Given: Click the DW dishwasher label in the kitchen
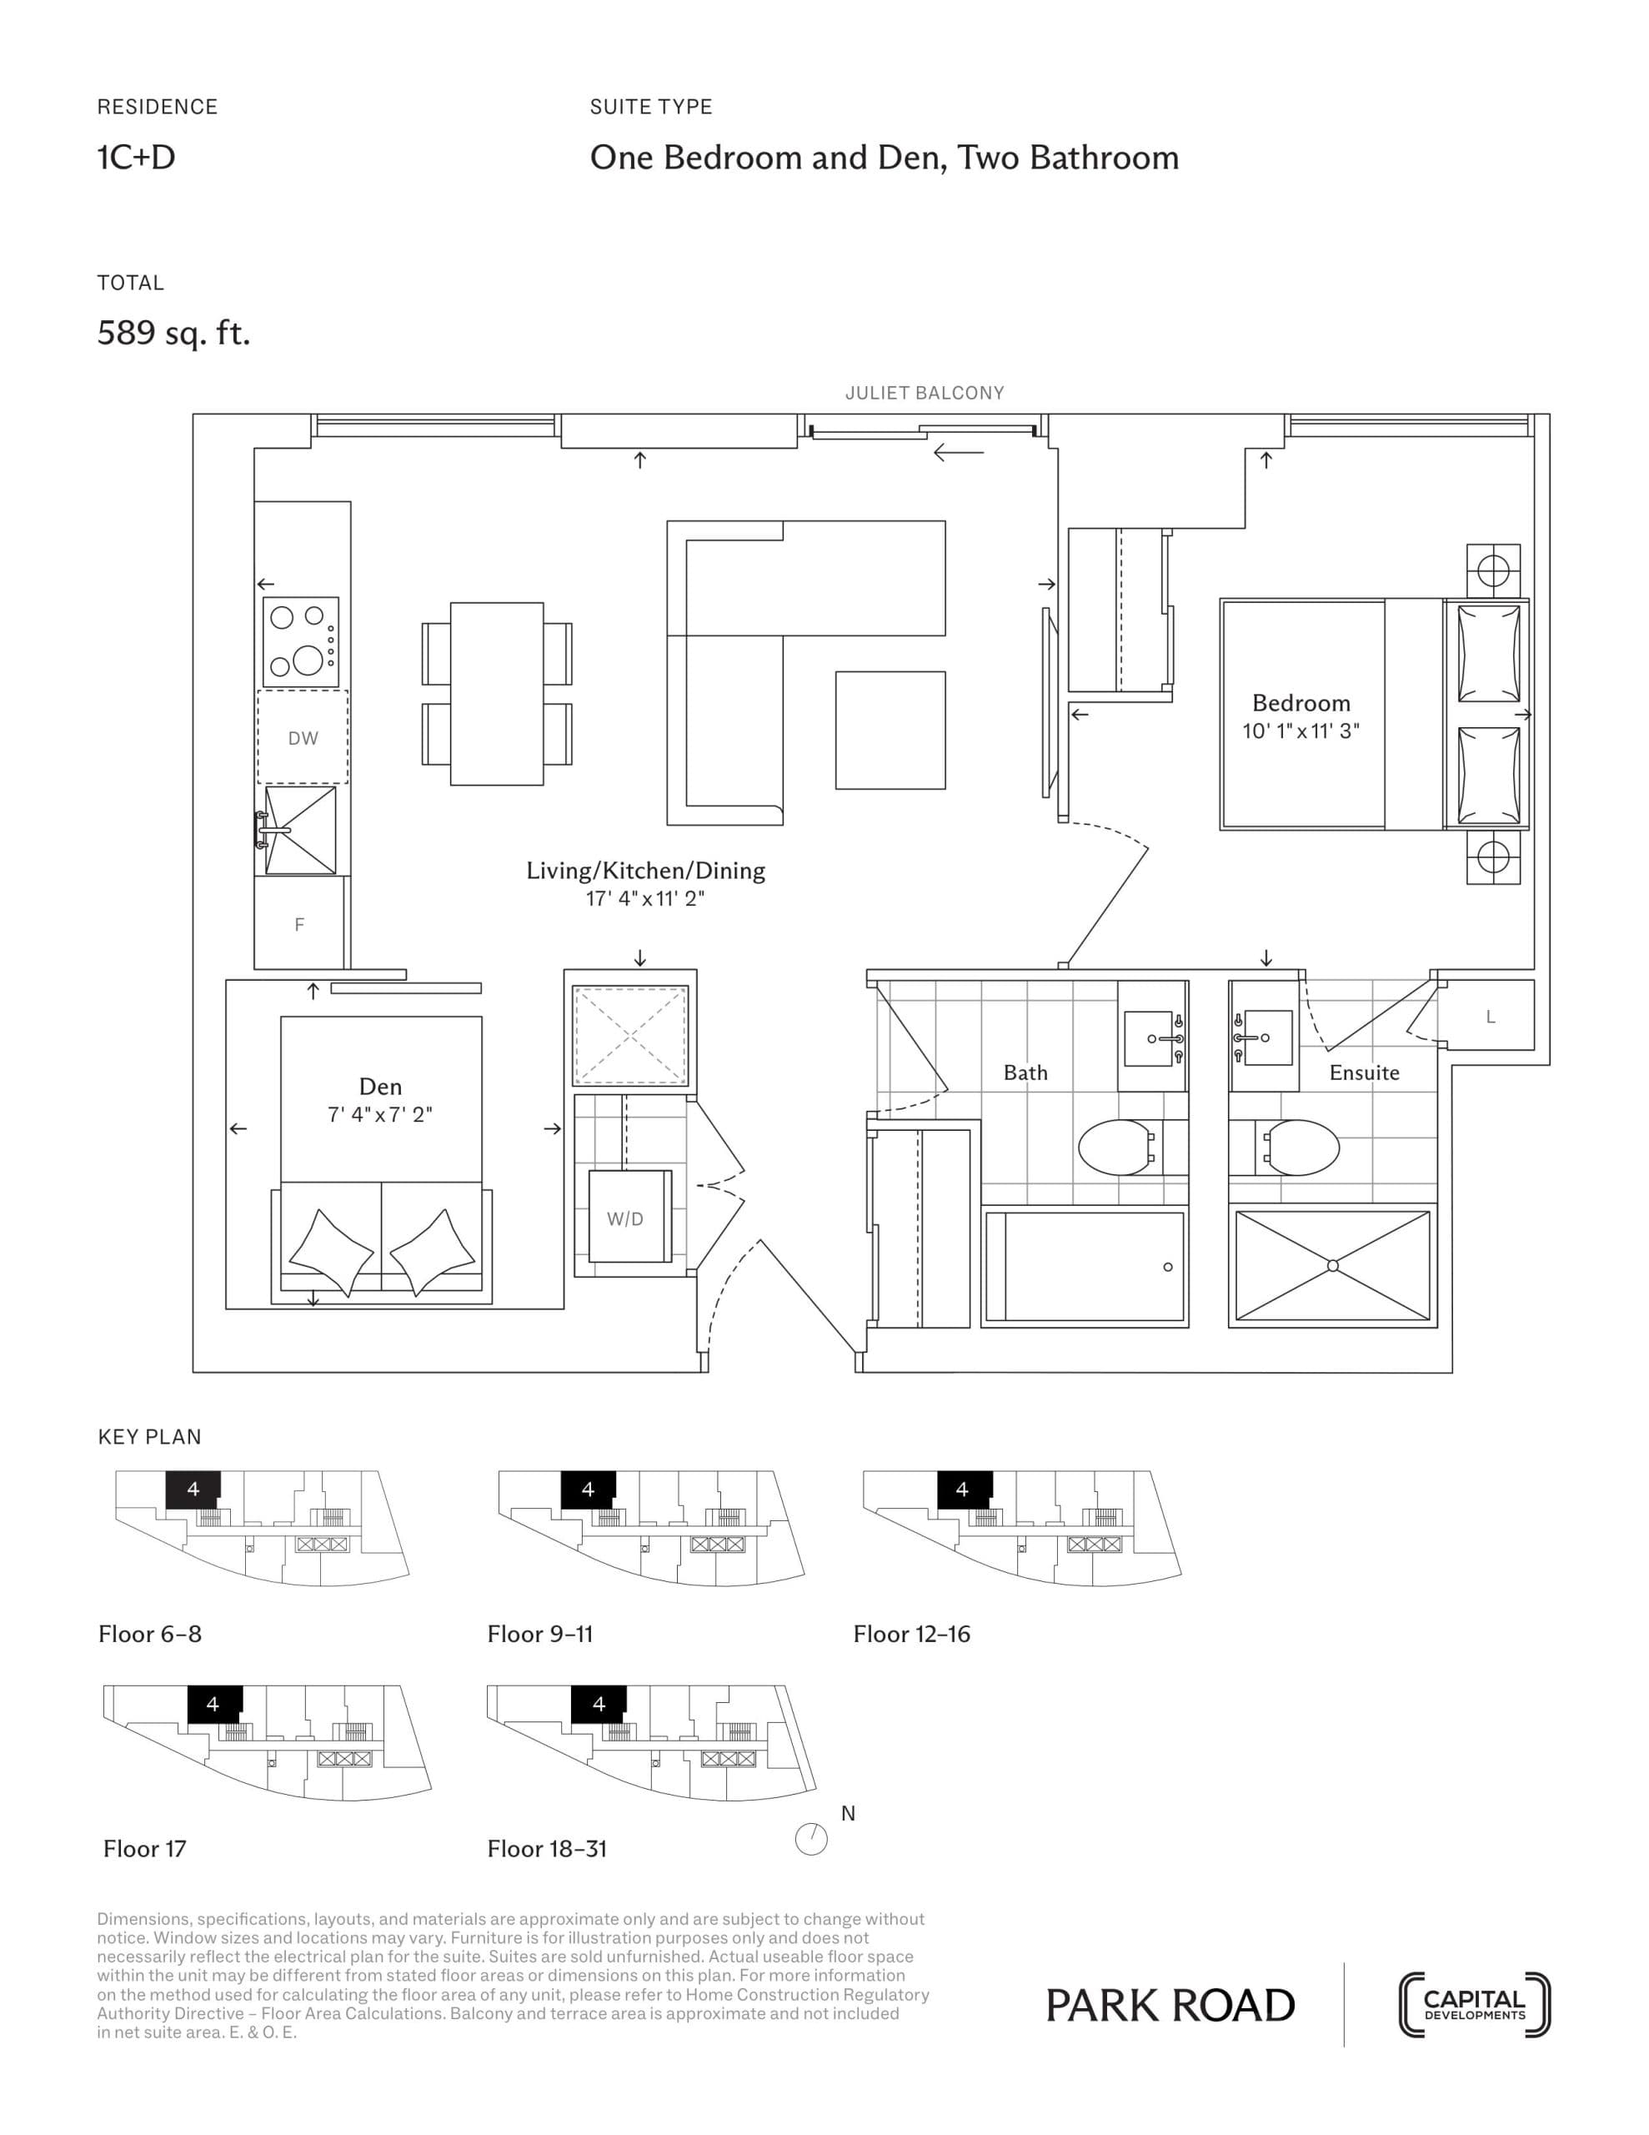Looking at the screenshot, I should [302, 738].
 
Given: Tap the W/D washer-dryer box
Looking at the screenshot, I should [624, 1218].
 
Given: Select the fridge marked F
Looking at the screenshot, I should [299, 924].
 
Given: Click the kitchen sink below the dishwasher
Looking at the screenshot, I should [299, 830].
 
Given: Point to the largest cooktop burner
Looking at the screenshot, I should [308, 660].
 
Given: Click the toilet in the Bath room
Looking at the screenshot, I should [1115, 1148].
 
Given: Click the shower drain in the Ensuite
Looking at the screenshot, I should [1332, 1266].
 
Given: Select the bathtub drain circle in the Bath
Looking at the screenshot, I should [1167, 1267].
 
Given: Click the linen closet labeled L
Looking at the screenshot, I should [1490, 1017].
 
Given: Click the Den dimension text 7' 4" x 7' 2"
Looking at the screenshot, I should [379, 1114].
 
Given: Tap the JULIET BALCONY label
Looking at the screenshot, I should [924, 393].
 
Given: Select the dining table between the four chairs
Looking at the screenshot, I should [497, 693].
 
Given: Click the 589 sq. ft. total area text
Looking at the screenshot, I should [174, 334].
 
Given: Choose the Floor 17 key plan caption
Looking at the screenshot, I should [145, 1849].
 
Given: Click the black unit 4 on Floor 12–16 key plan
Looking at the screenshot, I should [963, 1489].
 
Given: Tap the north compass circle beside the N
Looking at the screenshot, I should [811, 1840].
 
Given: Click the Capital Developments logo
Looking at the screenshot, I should [1474, 2005].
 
